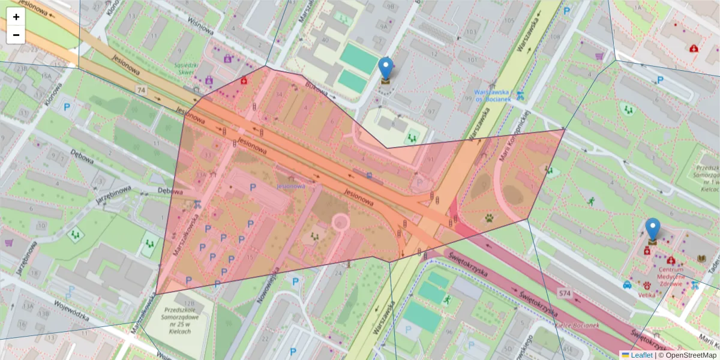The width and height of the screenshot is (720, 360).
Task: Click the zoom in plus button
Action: [x=16, y=17]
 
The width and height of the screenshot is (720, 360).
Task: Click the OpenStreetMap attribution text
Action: [x=687, y=355]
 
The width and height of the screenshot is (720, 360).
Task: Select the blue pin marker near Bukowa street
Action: [x=386, y=69]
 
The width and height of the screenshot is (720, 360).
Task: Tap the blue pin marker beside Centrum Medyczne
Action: [x=652, y=230]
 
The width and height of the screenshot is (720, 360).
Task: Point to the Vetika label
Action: [x=646, y=296]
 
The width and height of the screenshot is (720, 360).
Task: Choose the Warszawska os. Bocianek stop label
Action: [x=493, y=95]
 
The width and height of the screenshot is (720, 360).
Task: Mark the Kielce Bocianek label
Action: [x=580, y=325]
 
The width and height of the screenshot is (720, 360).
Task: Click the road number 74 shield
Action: [x=142, y=90]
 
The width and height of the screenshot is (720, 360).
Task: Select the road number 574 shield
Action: [x=565, y=293]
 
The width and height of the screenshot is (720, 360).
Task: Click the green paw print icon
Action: [x=491, y=218]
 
